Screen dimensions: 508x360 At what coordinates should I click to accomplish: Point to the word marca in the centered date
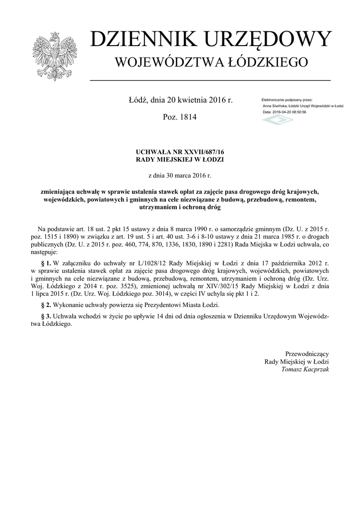(x=183, y=175)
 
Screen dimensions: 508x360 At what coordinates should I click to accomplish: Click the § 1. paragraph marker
(x=45, y=262)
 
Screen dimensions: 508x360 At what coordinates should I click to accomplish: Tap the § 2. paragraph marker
(x=45, y=305)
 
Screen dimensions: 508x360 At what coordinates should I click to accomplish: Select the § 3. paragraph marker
(x=45, y=316)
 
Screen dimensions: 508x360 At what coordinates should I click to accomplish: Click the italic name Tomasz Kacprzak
(x=304, y=369)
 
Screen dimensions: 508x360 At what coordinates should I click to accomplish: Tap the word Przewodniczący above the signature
(x=306, y=353)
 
